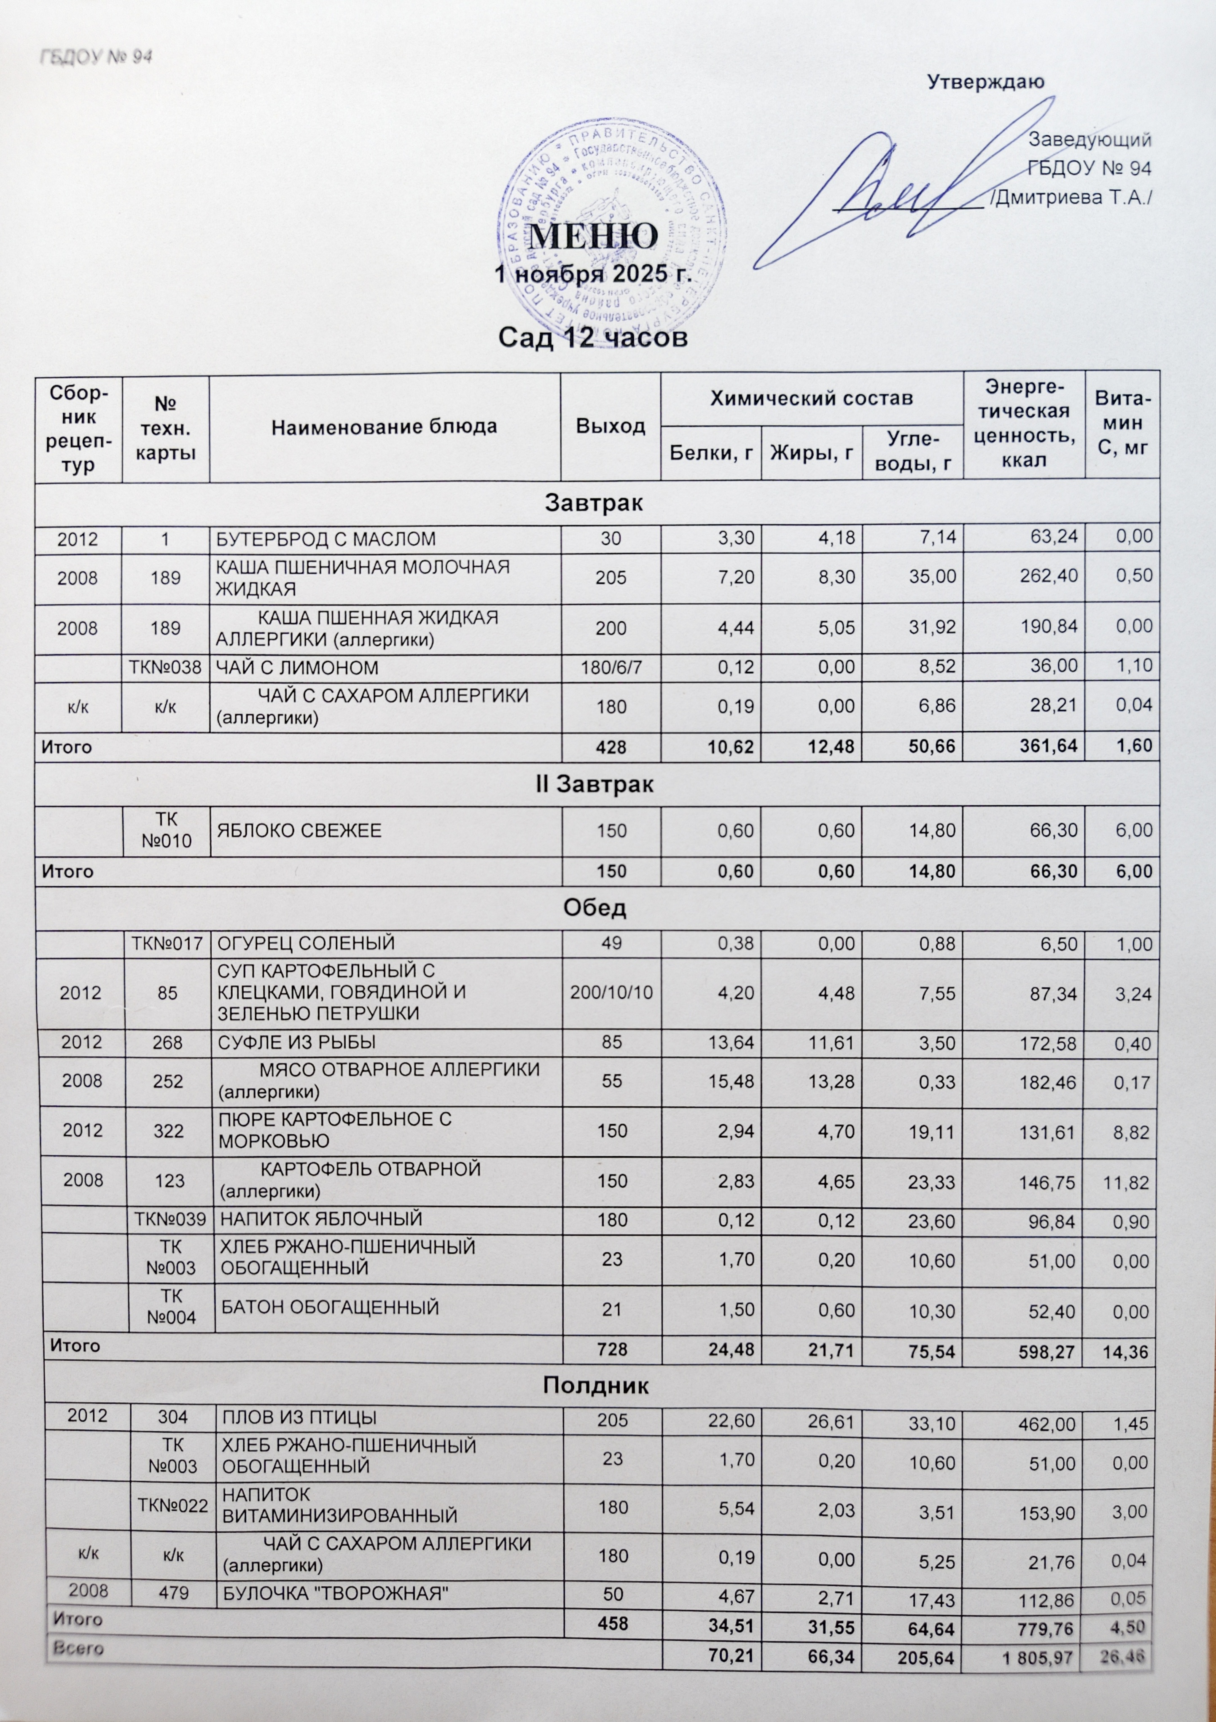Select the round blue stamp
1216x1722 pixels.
[x=615, y=225]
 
